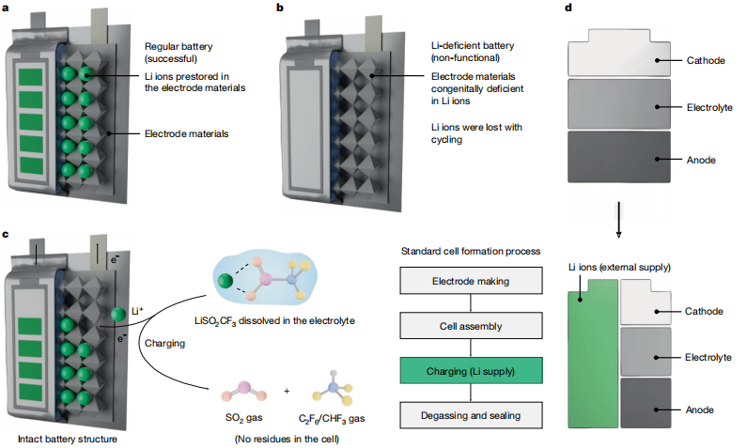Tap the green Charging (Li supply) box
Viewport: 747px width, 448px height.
pos(472,369)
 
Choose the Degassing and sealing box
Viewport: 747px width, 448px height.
pos(472,414)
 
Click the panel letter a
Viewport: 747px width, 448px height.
pos(7,8)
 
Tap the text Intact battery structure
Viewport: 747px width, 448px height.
pos(56,438)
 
